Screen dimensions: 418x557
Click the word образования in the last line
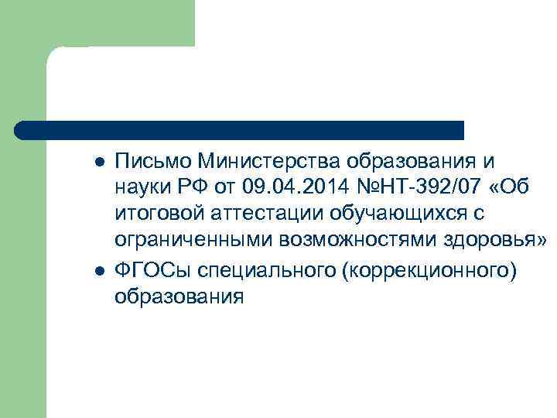point(179,297)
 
